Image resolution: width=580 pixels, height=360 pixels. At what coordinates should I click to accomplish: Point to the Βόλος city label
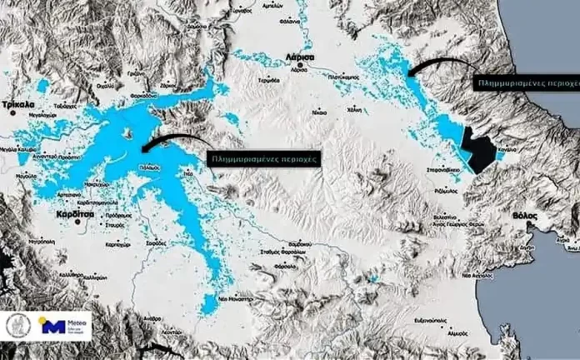523,215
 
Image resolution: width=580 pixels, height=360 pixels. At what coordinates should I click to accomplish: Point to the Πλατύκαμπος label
343,76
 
